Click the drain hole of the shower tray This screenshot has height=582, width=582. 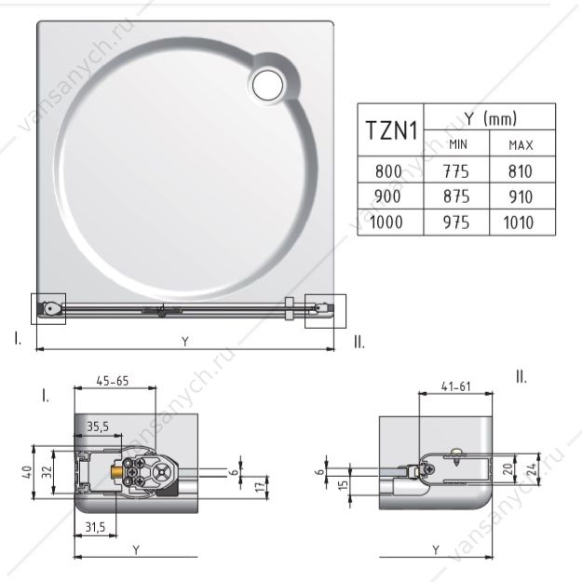pyautogui.click(x=267, y=85)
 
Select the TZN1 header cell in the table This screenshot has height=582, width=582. pyautogui.click(x=390, y=130)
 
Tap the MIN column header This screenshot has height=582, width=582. pyautogui.click(x=457, y=143)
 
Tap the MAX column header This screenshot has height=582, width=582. pyautogui.click(x=522, y=144)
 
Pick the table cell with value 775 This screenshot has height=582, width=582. pyautogui.click(x=456, y=170)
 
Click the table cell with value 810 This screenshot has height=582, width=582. pyautogui.click(x=521, y=170)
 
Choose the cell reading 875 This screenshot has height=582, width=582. pyautogui.click(x=456, y=196)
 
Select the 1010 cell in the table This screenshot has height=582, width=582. pyautogui.click(x=519, y=223)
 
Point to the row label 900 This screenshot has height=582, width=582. pyautogui.click(x=387, y=196)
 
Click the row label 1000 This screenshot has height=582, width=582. pyautogui.click(x=386, y=223)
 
